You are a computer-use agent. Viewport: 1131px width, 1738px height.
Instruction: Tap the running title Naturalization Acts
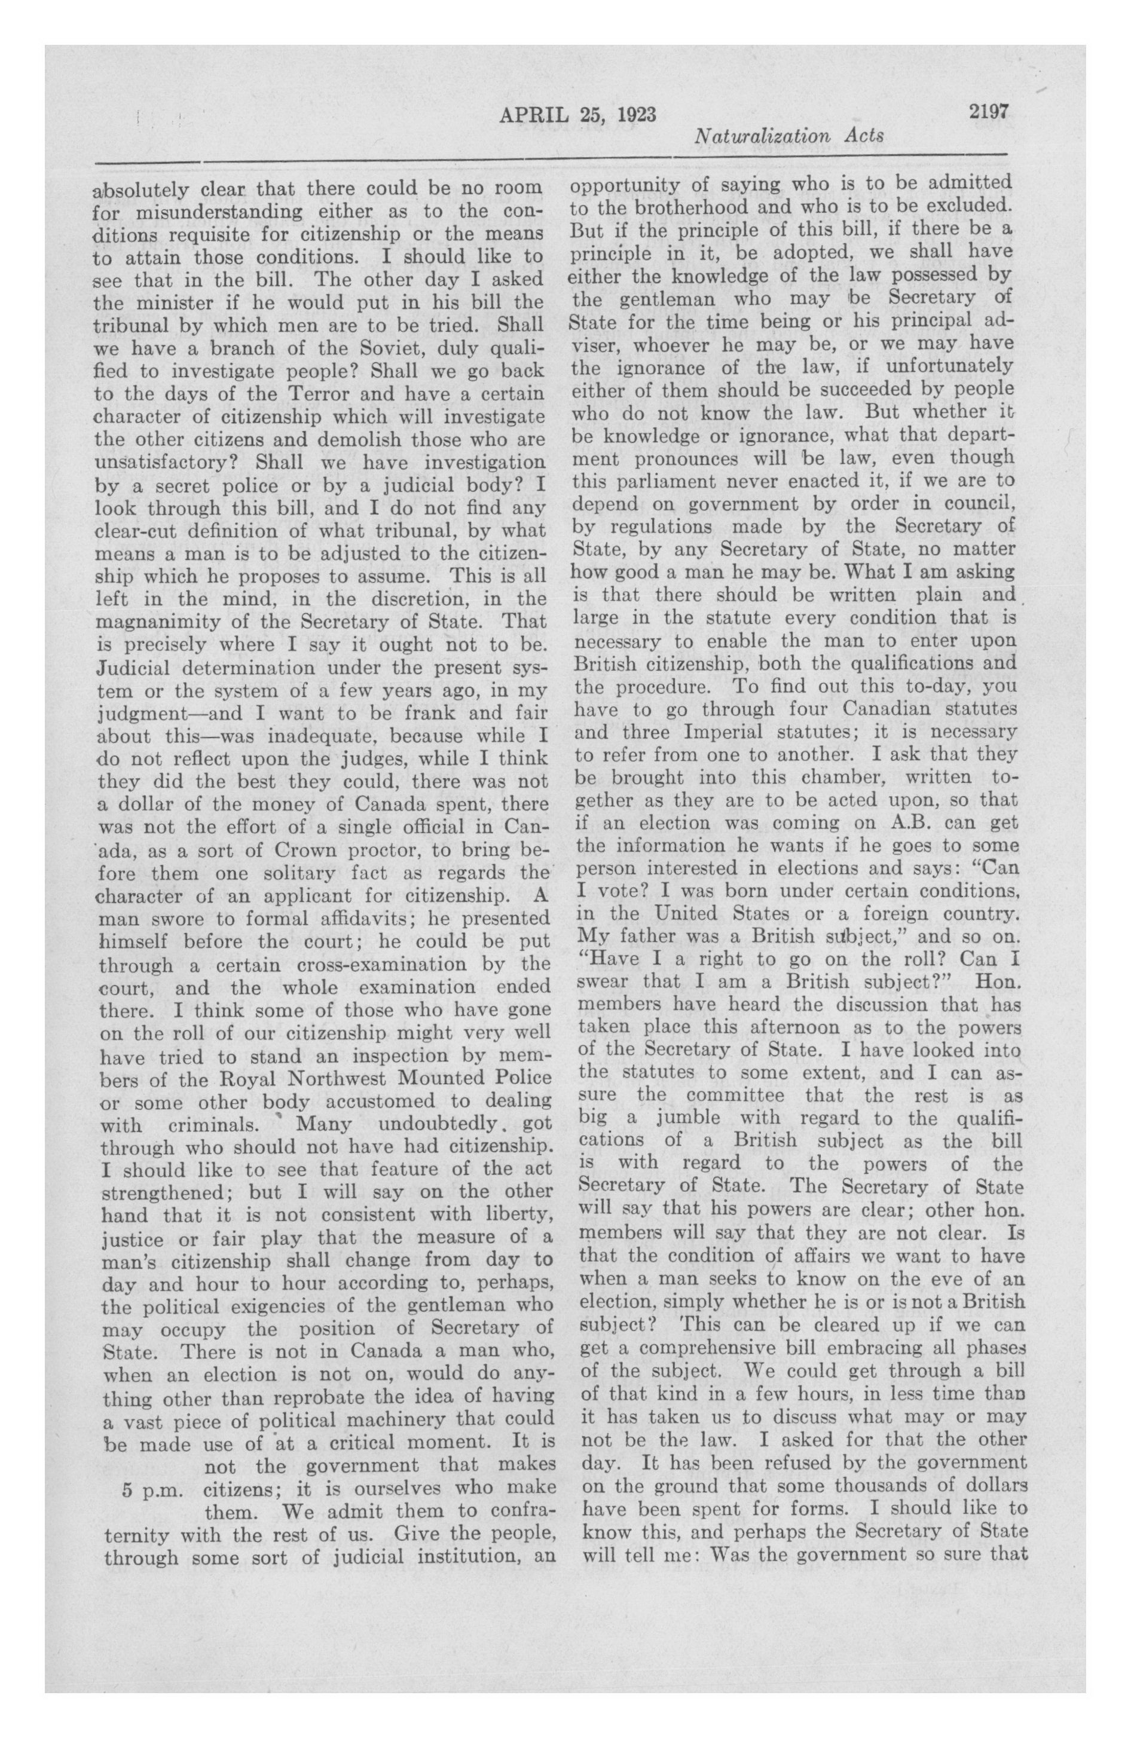point(789,136)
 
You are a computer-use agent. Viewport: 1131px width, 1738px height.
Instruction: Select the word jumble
point(692,1118)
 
